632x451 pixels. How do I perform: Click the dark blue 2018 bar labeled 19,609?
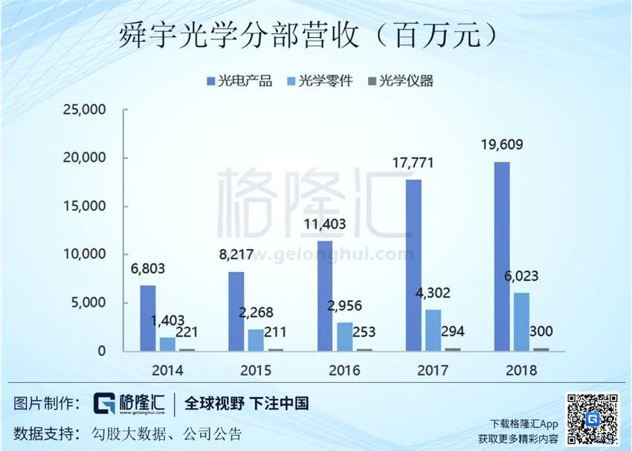(502, 256)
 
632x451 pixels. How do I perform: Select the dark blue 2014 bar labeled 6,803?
(148, 317)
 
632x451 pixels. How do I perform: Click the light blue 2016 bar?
(345, 336)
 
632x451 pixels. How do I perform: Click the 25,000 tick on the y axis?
(88, 110)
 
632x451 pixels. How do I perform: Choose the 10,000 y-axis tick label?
(88, 254)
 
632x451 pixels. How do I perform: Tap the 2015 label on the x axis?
(257, 370)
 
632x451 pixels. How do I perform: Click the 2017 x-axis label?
(433, 370)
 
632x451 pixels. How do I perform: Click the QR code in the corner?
(593, 418)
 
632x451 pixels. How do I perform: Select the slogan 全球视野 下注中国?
(246, 403)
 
